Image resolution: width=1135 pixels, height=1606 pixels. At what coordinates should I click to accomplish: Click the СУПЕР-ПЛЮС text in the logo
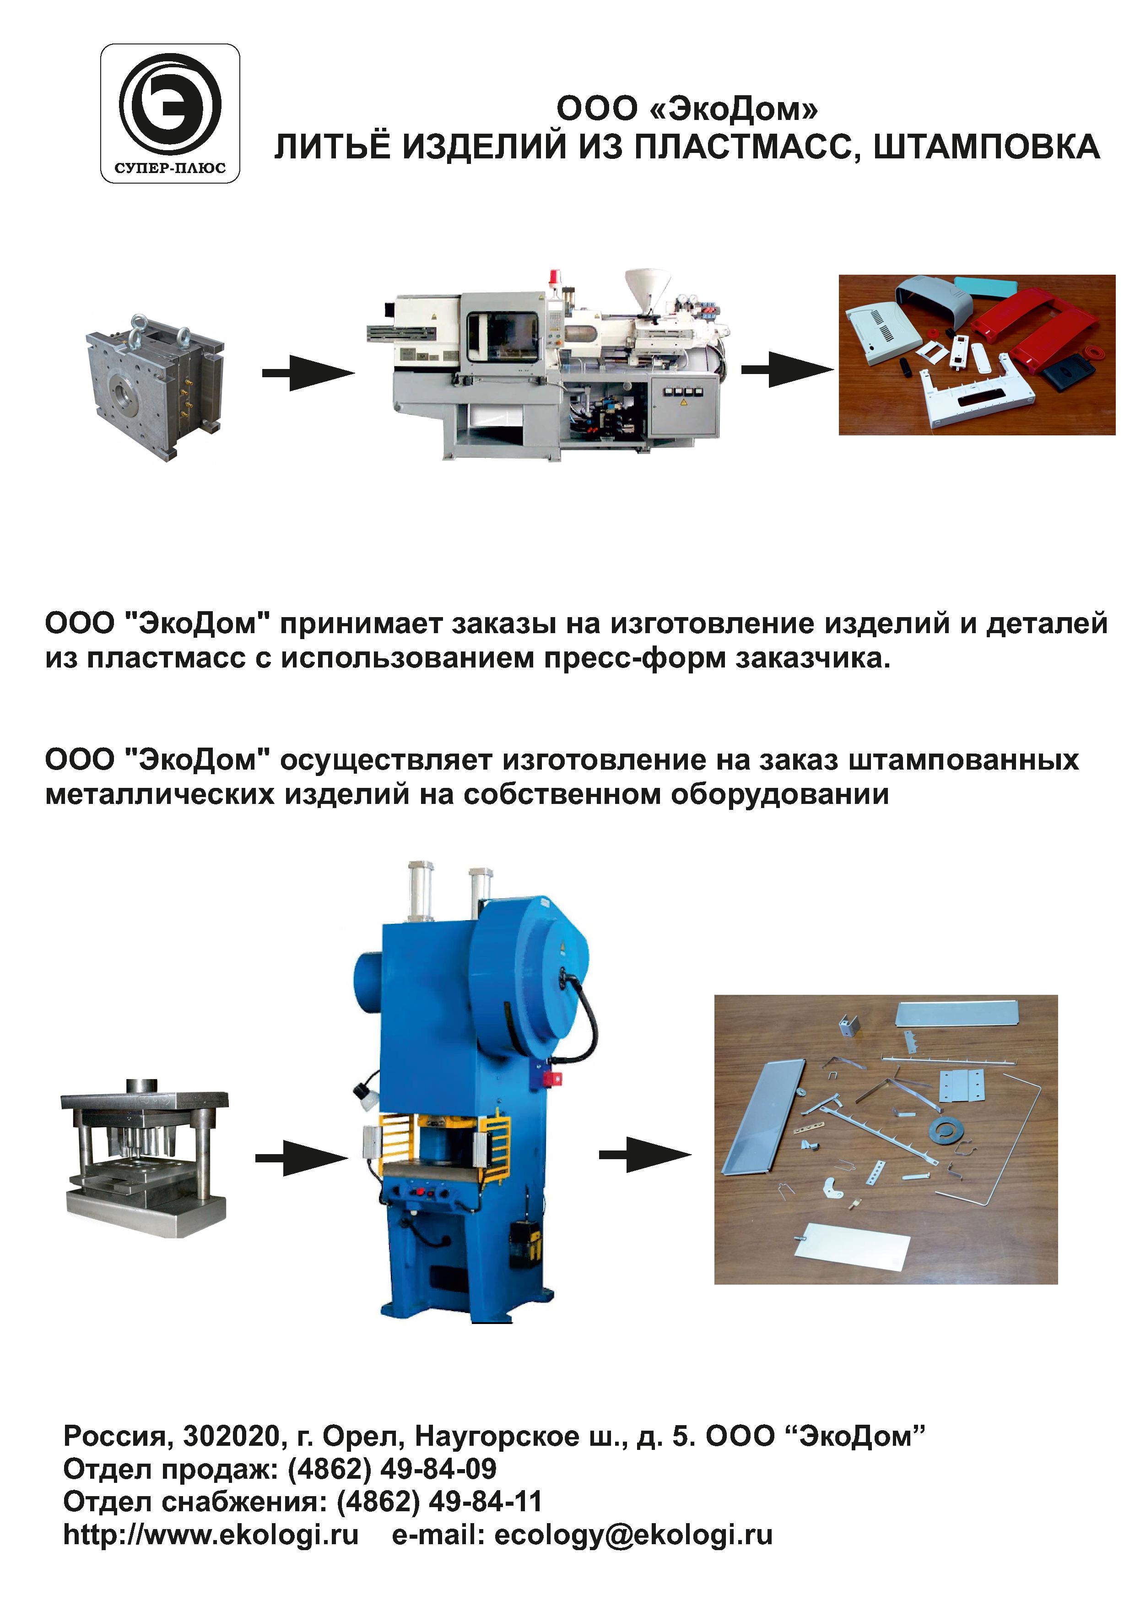tap(170, 168)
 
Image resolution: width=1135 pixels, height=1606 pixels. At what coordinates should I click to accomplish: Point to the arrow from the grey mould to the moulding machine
tap(308, 373)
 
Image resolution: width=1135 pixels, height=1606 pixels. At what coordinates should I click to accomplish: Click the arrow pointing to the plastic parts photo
tap(788, 369)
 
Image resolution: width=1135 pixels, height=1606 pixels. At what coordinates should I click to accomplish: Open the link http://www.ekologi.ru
tap(211, 1534)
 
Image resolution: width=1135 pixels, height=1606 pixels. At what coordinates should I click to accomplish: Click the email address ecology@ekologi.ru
tap(633, 1535)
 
